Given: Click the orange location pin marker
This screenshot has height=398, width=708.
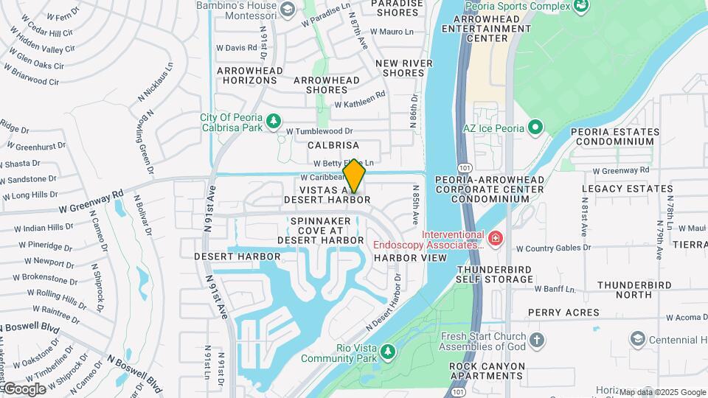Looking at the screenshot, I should (x=355, y=176).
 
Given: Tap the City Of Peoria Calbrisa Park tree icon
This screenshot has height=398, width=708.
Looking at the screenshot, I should (x=274, y=119).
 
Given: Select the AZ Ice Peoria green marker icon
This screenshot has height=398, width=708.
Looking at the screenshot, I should (x=536, y=128).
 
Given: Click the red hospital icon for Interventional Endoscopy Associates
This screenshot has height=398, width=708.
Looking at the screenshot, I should (x=495, y=238).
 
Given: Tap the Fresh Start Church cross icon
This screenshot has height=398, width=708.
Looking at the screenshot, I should (x=538, y=341).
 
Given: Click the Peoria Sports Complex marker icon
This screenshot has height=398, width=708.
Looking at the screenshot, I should (x=582, y=6).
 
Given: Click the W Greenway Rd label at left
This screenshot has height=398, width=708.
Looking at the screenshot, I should (x=91, y=201).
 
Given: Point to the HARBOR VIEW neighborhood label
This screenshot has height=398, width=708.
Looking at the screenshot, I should (x=410, y=258).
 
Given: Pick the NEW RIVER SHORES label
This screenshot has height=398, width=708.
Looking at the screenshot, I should (x=404, y=68).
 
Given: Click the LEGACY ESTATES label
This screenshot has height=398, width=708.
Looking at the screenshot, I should (x=618, y=189).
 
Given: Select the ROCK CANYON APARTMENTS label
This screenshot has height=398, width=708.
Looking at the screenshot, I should (x=488, y=371).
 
